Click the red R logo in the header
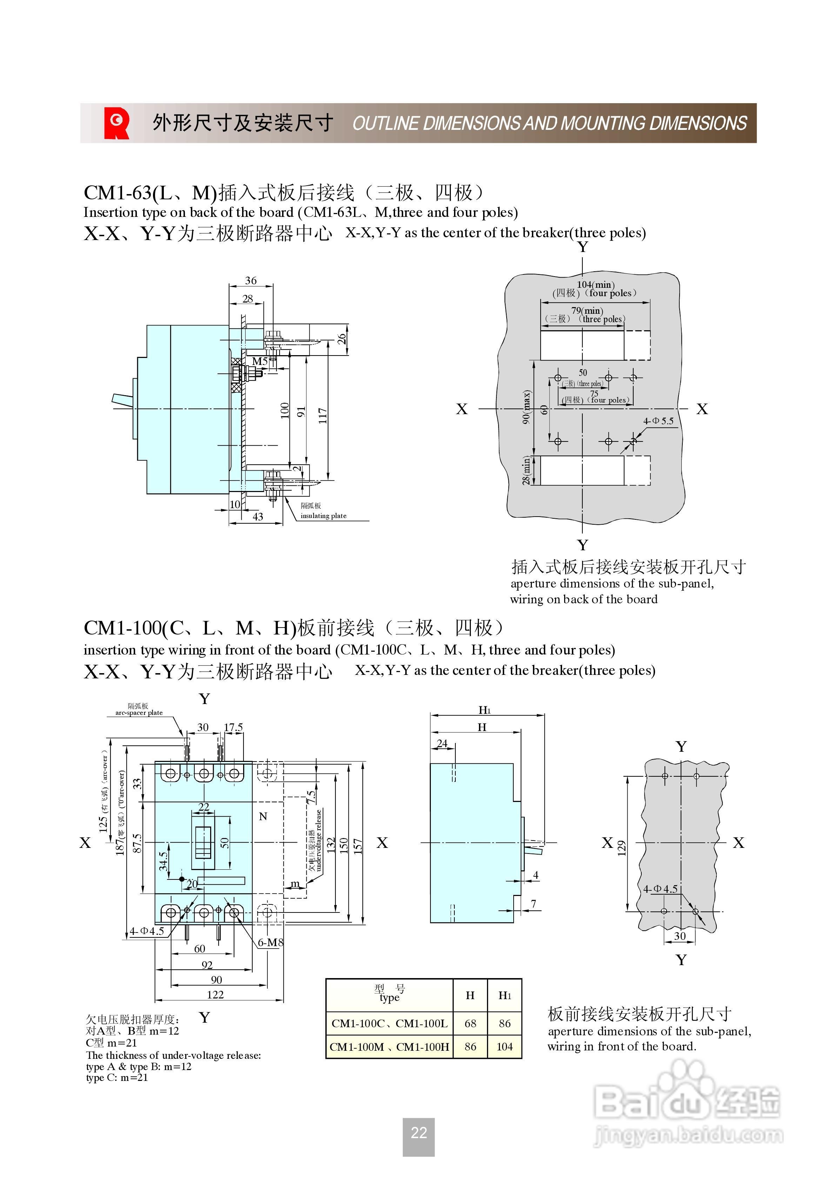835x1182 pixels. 117,123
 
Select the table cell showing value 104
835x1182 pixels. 505,1047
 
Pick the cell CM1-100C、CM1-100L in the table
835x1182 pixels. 390,1023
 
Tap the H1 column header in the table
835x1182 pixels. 505,995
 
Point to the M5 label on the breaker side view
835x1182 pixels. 260,361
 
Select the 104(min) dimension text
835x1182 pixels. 596,285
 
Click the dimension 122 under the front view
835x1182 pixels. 215,995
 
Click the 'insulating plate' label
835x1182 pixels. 323,516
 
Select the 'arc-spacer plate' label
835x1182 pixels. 139,713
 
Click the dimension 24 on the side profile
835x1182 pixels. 442,743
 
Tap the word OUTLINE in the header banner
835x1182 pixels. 385,124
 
